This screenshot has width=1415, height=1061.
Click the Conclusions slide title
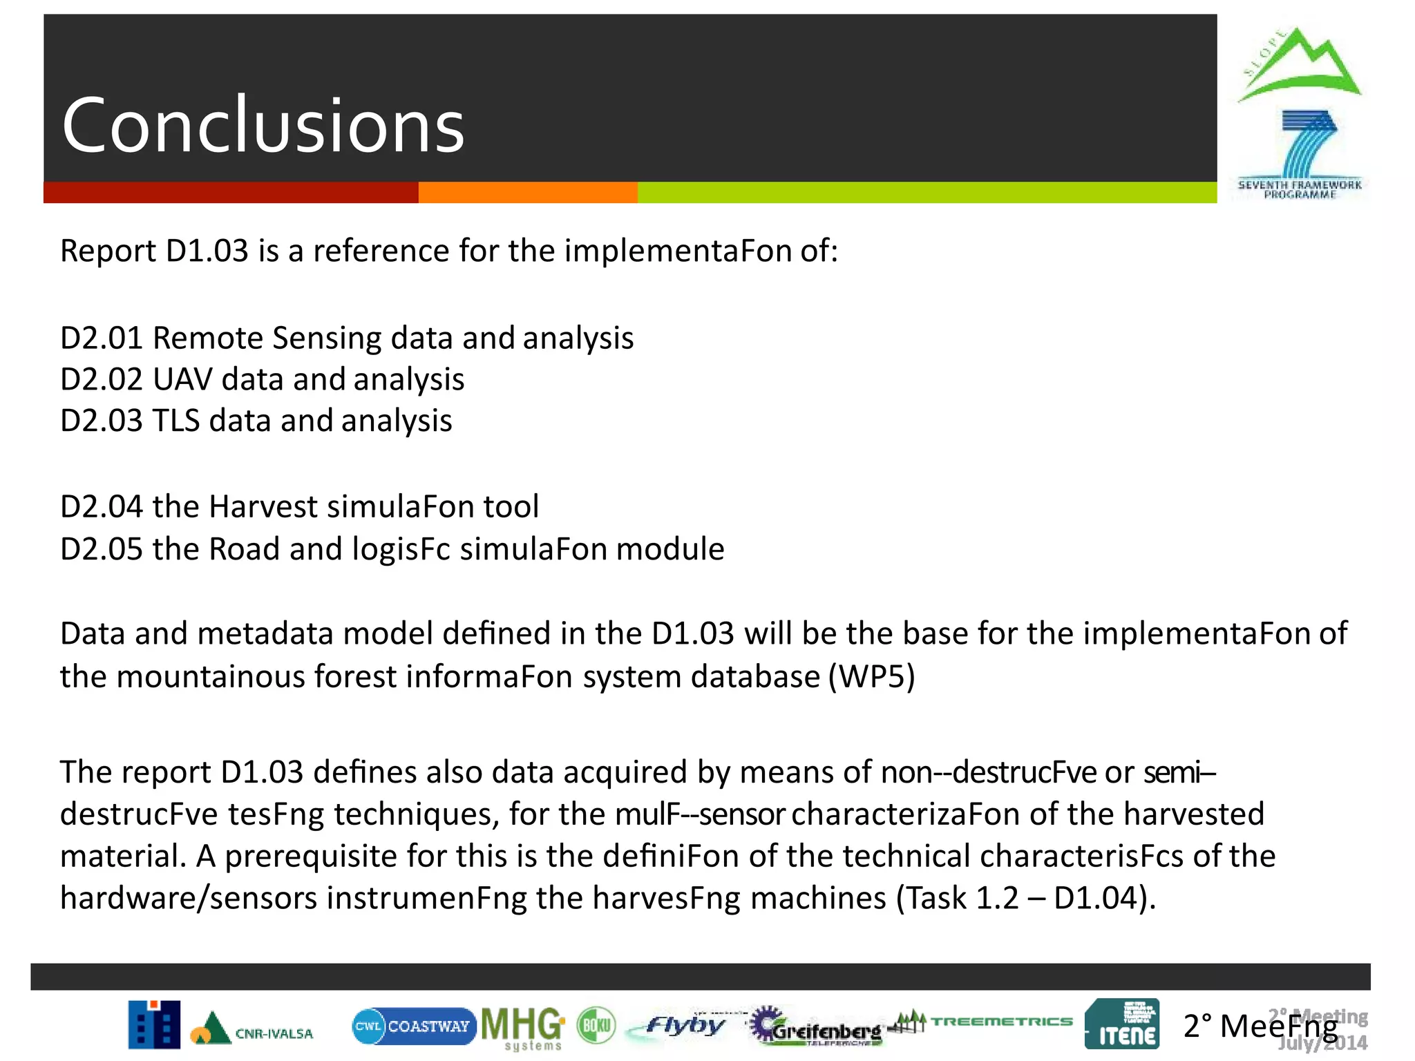tap(263, 125)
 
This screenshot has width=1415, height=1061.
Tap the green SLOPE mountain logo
tap(1299, 66)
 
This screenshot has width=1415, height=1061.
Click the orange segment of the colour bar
tap(528, 193)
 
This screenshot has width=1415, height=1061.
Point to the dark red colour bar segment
tap(231, 193)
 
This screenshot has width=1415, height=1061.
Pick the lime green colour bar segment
tap(927, 193)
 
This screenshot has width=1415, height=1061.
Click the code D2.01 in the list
tap(102, 338)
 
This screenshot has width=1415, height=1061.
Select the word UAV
tap(182, 380)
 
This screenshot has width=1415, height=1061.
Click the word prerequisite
tap(311, 857)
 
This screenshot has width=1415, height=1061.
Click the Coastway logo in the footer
tap(413, 1026)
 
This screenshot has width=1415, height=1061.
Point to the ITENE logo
tap(1121, 1024)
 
